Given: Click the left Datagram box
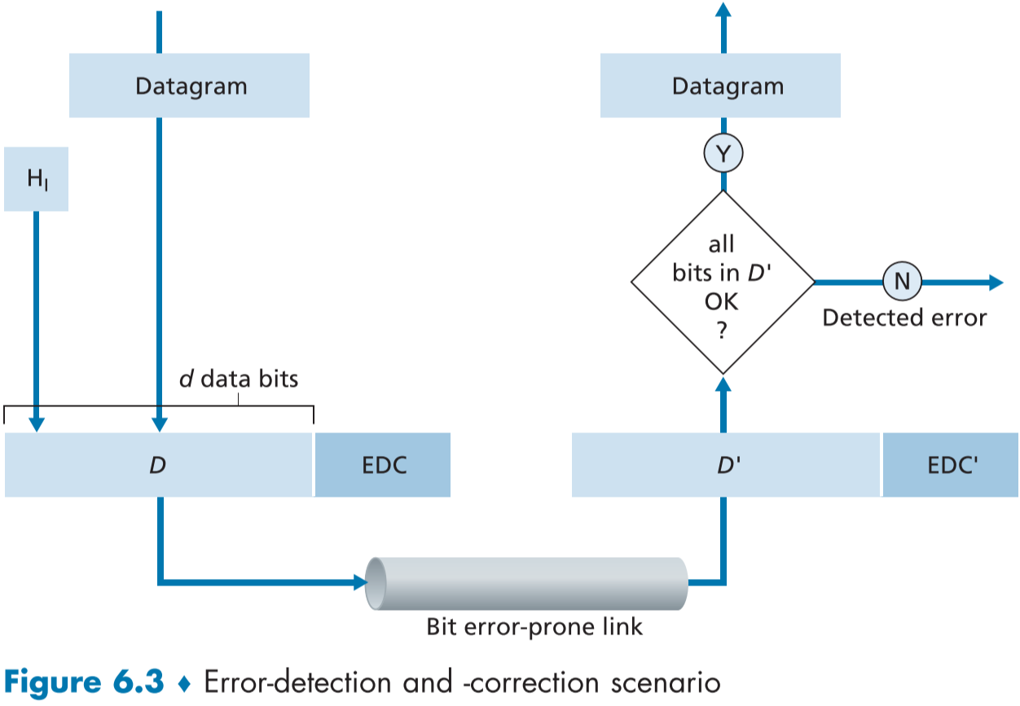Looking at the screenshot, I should point(189,86).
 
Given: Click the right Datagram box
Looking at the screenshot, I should point(720,86).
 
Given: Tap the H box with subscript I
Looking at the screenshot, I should point(36,179).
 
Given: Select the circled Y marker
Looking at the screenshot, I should point(723,152).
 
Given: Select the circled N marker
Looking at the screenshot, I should point(902,282).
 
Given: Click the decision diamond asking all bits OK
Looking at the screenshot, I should point(723,282).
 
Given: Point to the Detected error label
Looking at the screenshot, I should point(904,318).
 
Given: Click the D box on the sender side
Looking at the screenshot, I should point(158,465).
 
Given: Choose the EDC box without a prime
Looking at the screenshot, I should point(383,465).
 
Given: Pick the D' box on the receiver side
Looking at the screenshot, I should point(726,465).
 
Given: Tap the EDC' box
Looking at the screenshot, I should point(951,465).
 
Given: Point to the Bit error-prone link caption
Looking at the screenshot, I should point(534,627).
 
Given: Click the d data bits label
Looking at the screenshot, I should point(239,379).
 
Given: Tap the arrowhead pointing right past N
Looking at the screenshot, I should point(995,282).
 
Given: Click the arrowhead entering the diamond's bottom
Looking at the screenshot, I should point(723,383).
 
